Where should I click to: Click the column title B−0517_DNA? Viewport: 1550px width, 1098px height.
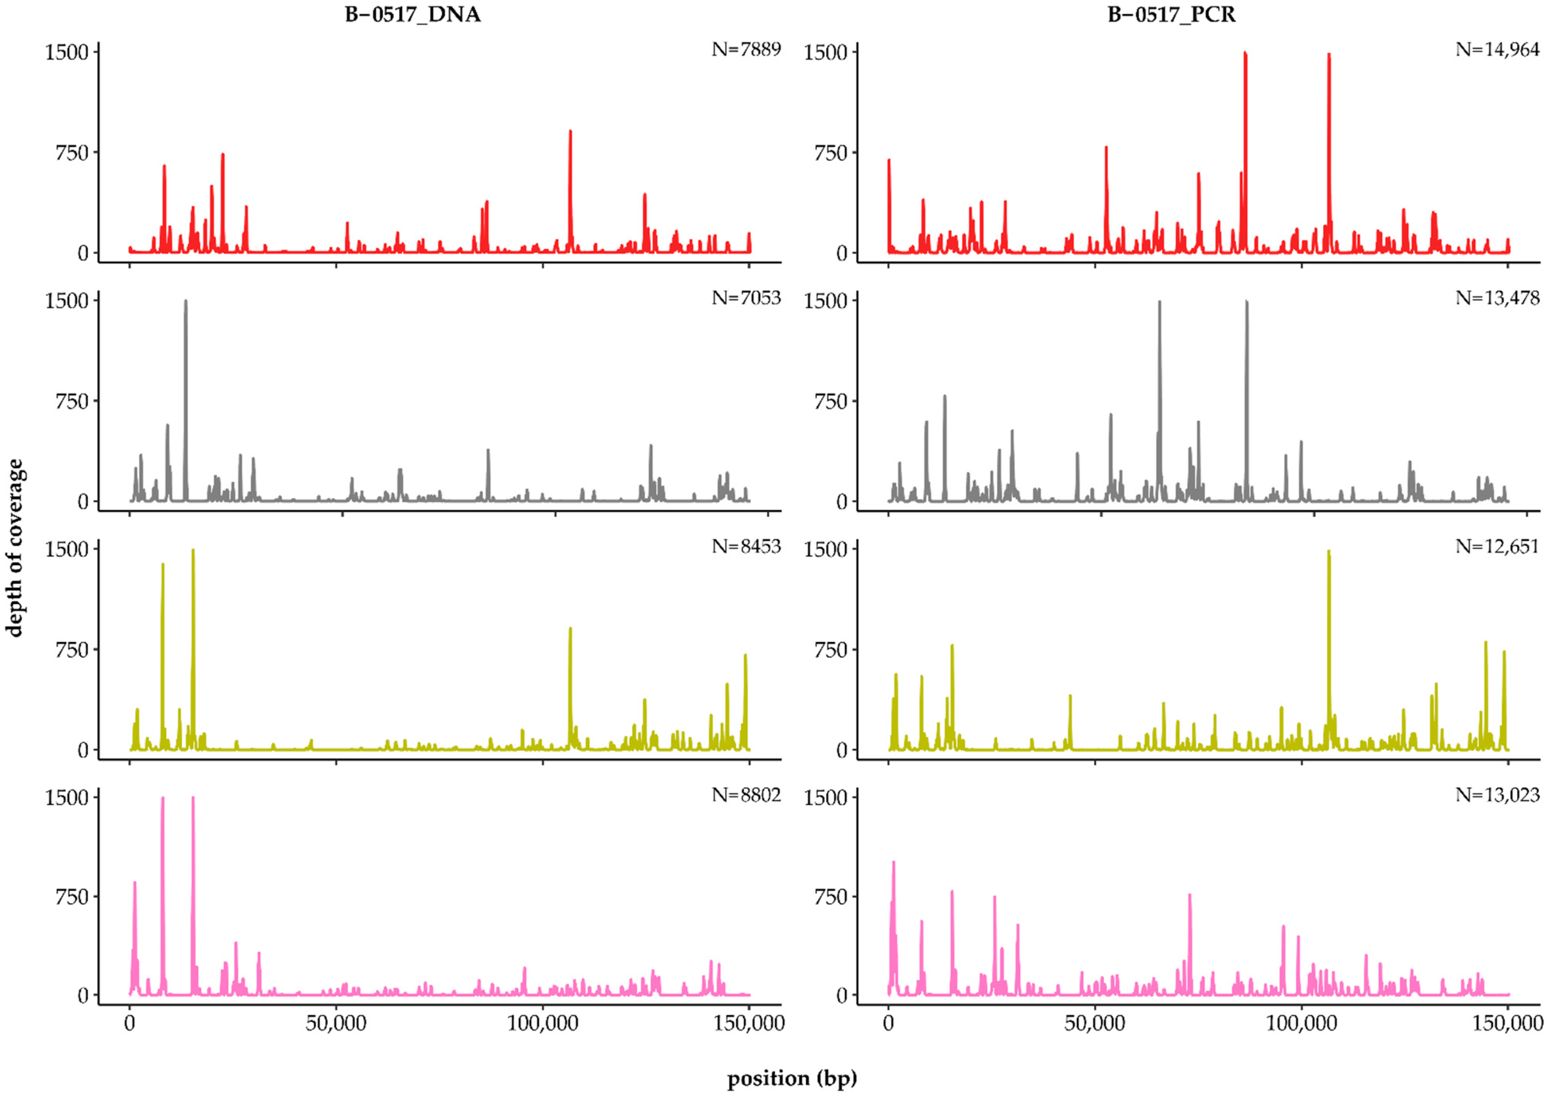pos(413,15)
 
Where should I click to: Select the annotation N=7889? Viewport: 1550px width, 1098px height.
pos(746,49)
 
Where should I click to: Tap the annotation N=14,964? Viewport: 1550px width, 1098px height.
pos(1497,49)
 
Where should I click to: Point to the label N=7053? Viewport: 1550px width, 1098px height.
pos(746,298)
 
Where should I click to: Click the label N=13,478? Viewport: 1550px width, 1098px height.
pos(1497,298)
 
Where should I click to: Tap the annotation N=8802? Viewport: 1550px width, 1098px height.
pos(746,795)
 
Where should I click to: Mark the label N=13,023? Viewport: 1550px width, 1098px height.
pos(1497,795)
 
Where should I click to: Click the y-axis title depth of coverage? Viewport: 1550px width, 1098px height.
pos(15,548)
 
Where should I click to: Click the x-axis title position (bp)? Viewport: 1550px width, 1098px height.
pos(792,1078)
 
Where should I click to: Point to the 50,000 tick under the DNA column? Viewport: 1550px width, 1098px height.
pos(336,1023)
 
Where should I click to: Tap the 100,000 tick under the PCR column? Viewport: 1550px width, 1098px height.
pos(1301,1023)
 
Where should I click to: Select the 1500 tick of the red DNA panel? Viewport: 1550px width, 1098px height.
pos(67,52)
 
